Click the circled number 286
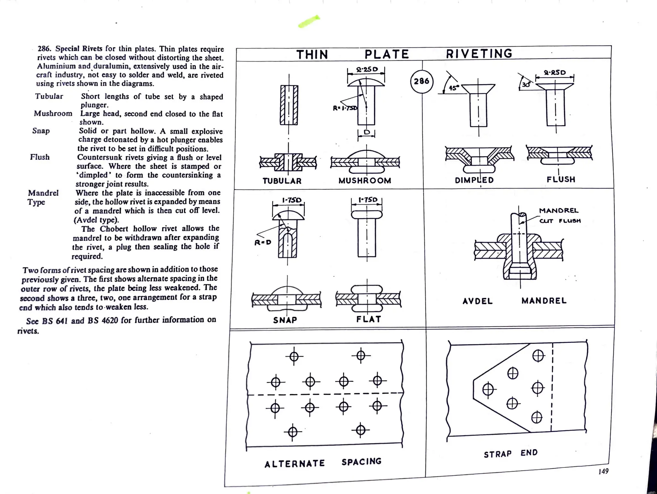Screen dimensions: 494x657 422,81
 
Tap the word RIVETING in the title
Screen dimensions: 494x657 479,54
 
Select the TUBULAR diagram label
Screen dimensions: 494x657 282,181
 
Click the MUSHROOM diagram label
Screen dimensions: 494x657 365,181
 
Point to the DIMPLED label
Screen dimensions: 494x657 474,180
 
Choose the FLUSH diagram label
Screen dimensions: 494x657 561,180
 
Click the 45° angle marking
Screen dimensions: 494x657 454,88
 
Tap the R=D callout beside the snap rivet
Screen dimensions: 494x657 263,242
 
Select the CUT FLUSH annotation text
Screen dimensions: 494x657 560,221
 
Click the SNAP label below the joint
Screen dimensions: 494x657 285,320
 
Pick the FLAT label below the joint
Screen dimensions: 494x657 369,319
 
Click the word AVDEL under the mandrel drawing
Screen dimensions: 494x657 477,301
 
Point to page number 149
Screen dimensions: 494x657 603,471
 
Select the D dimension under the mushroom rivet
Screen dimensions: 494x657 367,132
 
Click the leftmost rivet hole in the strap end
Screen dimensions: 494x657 488,390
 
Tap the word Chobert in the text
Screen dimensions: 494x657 115,229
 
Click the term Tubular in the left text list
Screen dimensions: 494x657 49,96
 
